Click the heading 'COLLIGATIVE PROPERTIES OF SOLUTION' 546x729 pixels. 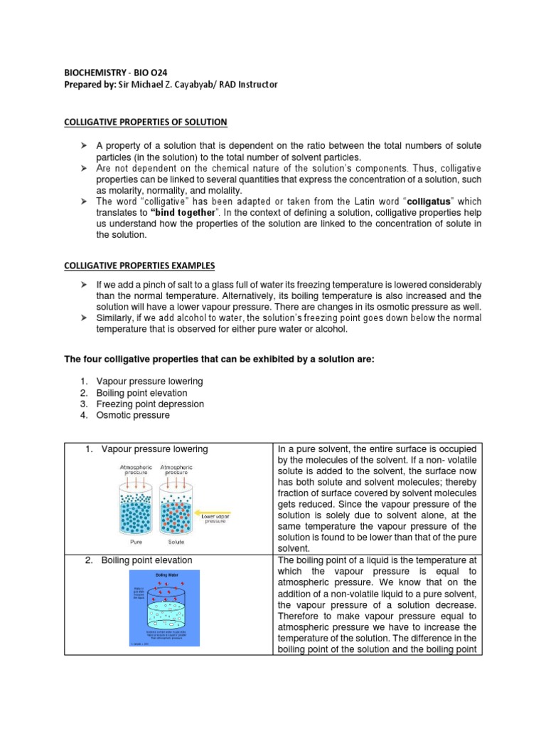point(146,122)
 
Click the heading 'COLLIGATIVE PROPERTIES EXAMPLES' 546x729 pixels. point(139,266)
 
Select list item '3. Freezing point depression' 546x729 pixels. point(141,404)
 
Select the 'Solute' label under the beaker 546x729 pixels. point(175,542)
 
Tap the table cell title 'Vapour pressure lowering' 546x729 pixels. point(154,449)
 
